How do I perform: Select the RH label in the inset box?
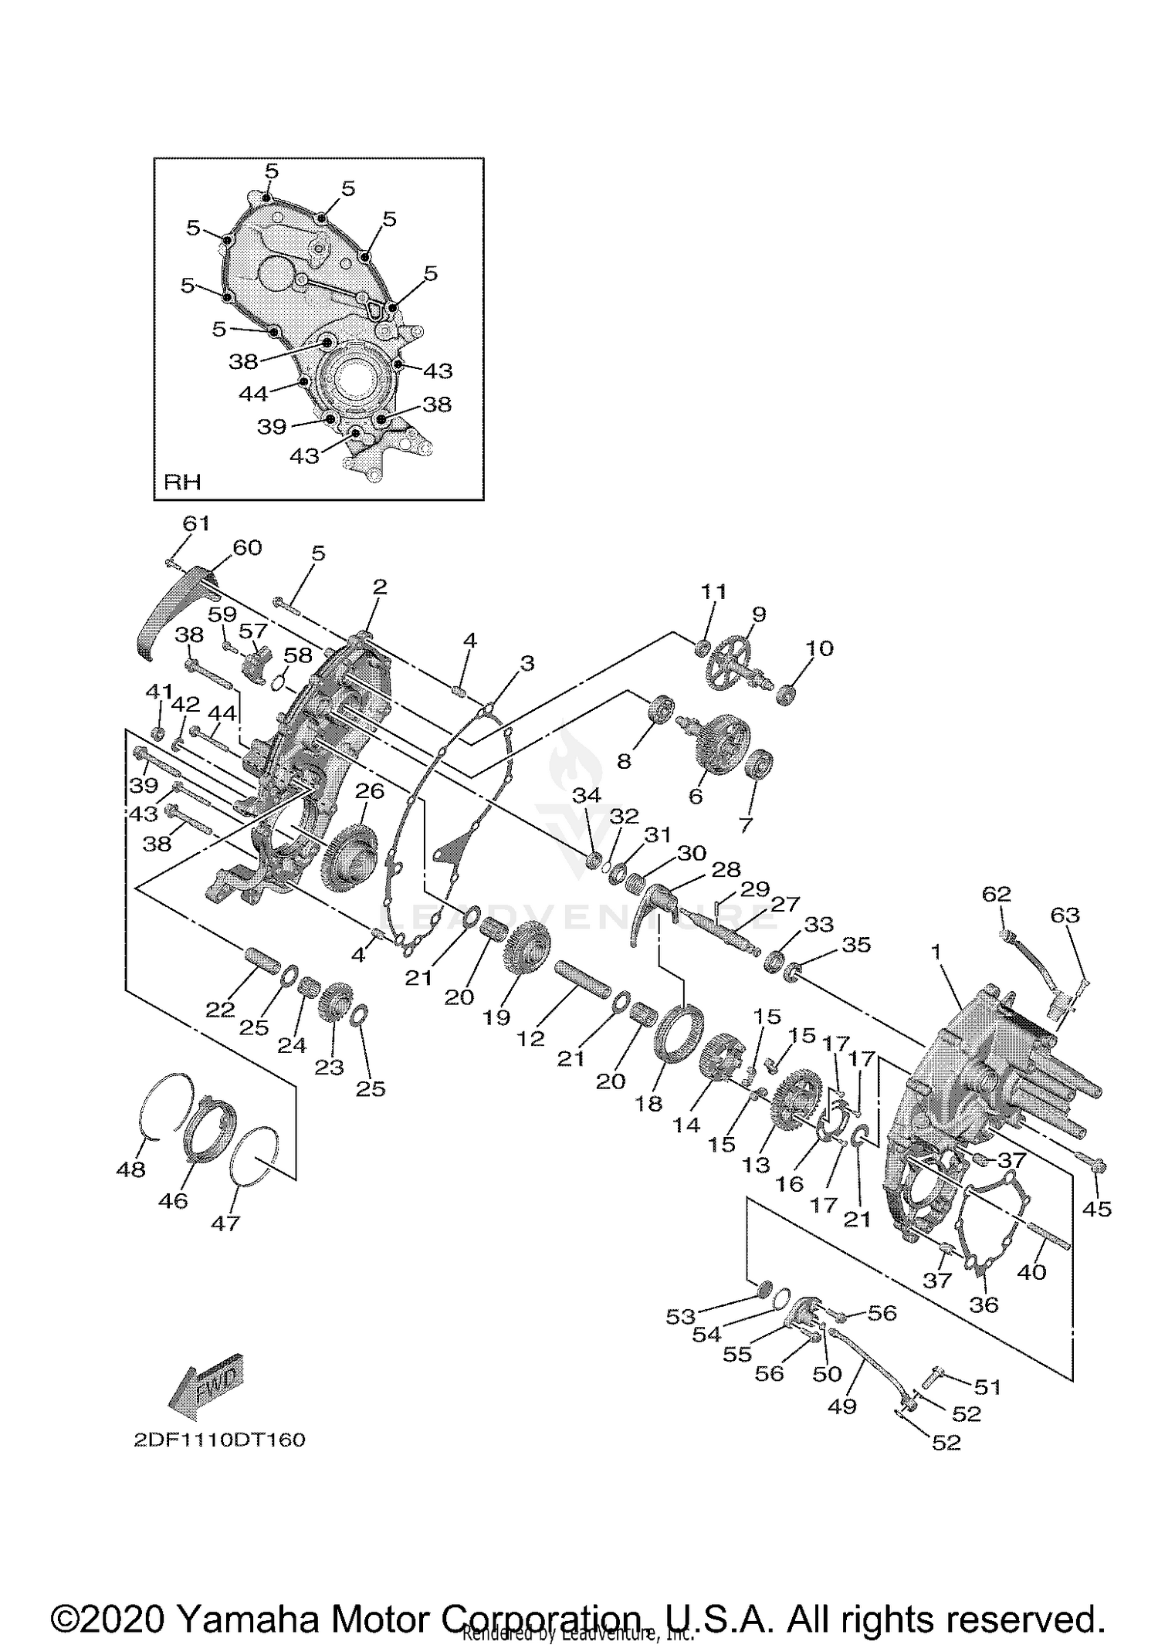point(182,482)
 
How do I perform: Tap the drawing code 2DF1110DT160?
point(219,1440)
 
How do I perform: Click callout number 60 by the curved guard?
point(247,547)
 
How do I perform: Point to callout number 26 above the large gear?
point(370,791)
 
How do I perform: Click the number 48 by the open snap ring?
point(130,1169)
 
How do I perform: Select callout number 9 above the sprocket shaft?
point(759,614)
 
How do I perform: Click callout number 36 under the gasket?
point(984,1304)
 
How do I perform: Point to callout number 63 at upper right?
point(1065,915)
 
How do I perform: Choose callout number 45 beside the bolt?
point(1097,1209)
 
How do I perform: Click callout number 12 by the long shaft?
point(530,1039)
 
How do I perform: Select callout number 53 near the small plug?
point(680,1316)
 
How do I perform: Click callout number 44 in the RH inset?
point(253,394)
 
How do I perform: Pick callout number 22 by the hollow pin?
point(220,1009)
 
